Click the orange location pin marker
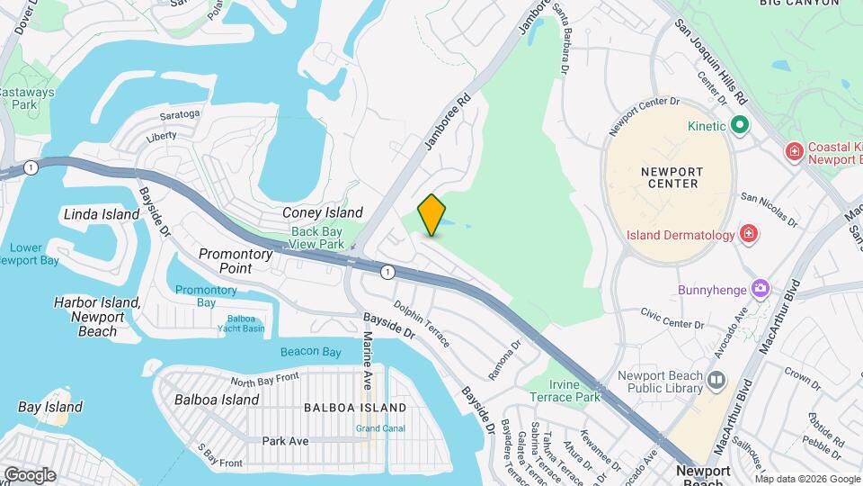[x=431, y=215]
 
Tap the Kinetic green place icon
[x=740, y=125]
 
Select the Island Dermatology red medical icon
[x=747, y=235]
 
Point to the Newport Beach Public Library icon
[x=716, y=381]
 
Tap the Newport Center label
[x=672, y=176]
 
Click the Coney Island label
[x=323, y=213]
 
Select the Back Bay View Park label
[x=317, y=238]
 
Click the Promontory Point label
[x=236, y=261]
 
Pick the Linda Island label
[x=102, y=214]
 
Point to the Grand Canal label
[x=379, y=427]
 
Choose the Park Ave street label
[x=285, y=441]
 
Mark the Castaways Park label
[x=25, y=98]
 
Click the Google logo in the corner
[x=30, y=474]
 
